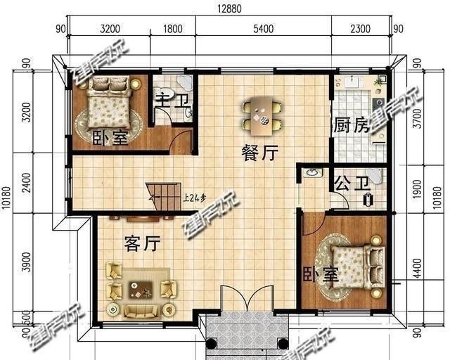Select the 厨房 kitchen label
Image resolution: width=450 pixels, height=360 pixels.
[x=351, y=127]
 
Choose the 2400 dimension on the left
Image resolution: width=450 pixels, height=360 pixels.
[x=25, y=184]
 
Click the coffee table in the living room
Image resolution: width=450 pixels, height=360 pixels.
[x=141, y=287]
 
